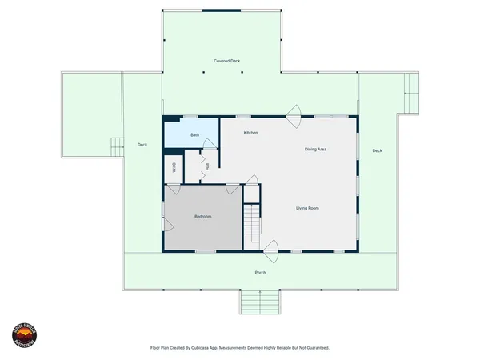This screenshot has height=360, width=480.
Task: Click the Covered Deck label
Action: point(227,61)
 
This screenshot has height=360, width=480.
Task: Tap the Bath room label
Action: point(194,135)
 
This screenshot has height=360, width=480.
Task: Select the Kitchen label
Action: point(250,133)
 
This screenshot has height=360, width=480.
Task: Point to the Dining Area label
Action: point(315,150)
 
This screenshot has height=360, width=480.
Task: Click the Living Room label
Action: point(308,208)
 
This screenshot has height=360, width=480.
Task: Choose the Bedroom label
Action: point(203,217)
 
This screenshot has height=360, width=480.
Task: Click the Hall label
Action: point(207,166)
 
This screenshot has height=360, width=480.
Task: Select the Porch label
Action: point(260,273)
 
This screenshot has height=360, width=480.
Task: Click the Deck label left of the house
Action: point(142,145)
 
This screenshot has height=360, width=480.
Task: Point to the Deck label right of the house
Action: point(377,150)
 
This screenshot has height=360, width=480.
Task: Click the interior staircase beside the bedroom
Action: point(252,222)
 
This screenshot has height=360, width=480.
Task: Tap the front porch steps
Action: point(260,302)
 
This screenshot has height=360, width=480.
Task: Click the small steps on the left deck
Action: point(116,146)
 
